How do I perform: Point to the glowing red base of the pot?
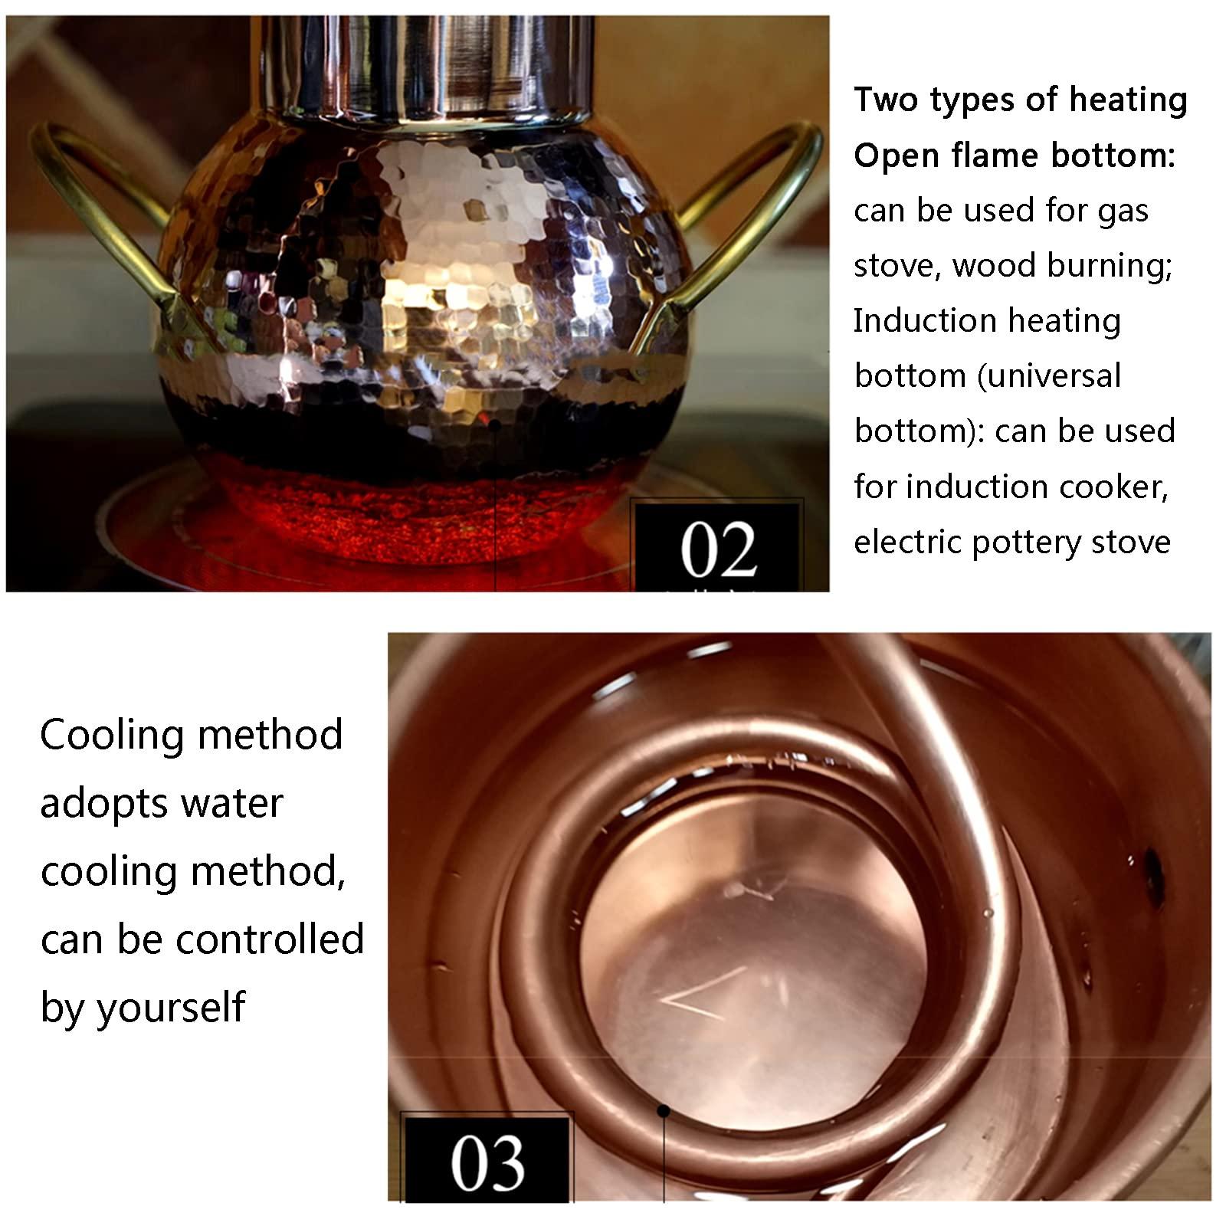[414, 513]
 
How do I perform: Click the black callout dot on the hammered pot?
[495, 424]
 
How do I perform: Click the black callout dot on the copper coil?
[664, 1110]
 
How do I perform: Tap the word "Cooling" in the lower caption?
[110, 735]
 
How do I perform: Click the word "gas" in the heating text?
[1123, 211]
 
